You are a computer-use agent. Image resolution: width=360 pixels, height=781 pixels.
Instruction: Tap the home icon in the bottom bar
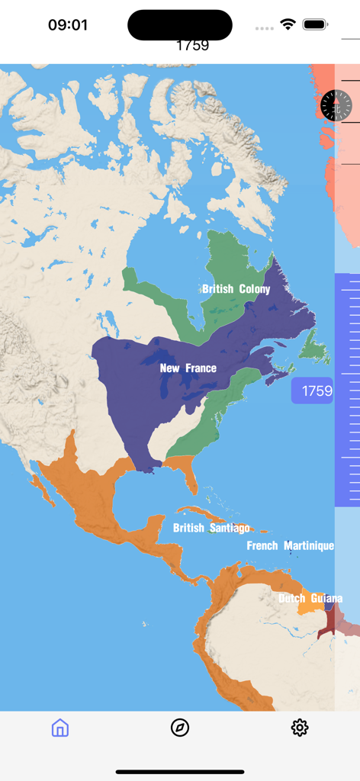60,728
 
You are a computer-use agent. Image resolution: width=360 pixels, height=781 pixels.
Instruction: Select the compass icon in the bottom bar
180,728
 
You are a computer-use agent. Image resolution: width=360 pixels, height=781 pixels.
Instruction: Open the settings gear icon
300,728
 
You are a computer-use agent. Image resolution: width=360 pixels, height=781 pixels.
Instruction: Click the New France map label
188,368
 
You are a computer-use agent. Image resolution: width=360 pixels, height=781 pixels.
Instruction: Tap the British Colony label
236,289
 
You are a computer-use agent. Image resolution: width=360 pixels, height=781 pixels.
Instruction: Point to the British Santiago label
211,528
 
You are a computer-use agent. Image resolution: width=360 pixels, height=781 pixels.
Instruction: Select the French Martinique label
290,546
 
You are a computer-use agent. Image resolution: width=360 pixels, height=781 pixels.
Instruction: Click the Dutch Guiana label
310,599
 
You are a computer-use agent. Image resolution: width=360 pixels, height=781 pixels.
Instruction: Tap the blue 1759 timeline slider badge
313,391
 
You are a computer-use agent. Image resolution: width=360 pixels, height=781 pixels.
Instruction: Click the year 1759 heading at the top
192,45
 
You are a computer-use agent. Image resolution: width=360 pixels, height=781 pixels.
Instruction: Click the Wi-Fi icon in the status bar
288,24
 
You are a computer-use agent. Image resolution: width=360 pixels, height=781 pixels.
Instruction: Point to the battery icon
315,24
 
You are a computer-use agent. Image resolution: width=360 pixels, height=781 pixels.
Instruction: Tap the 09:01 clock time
68,25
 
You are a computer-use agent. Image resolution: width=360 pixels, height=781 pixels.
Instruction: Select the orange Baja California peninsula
43,488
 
